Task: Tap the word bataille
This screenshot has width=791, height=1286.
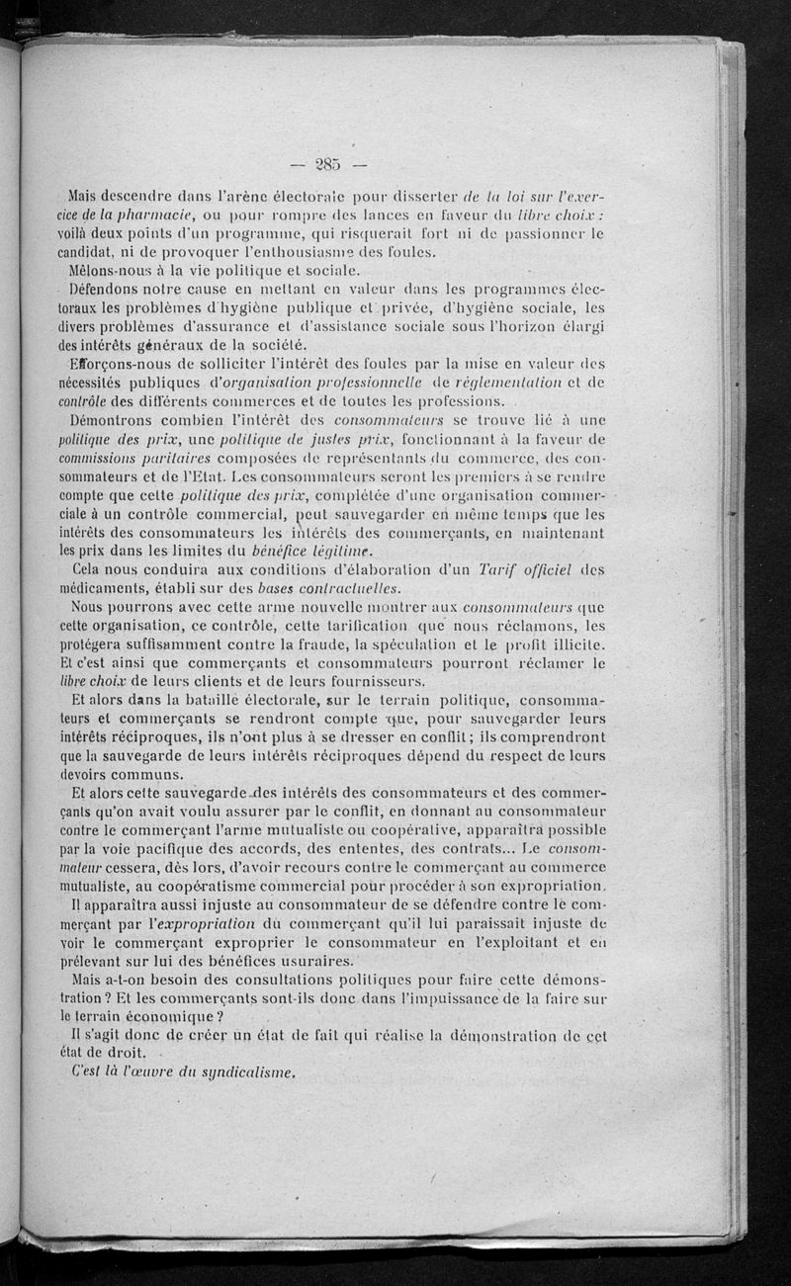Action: (x=206, y=700)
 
